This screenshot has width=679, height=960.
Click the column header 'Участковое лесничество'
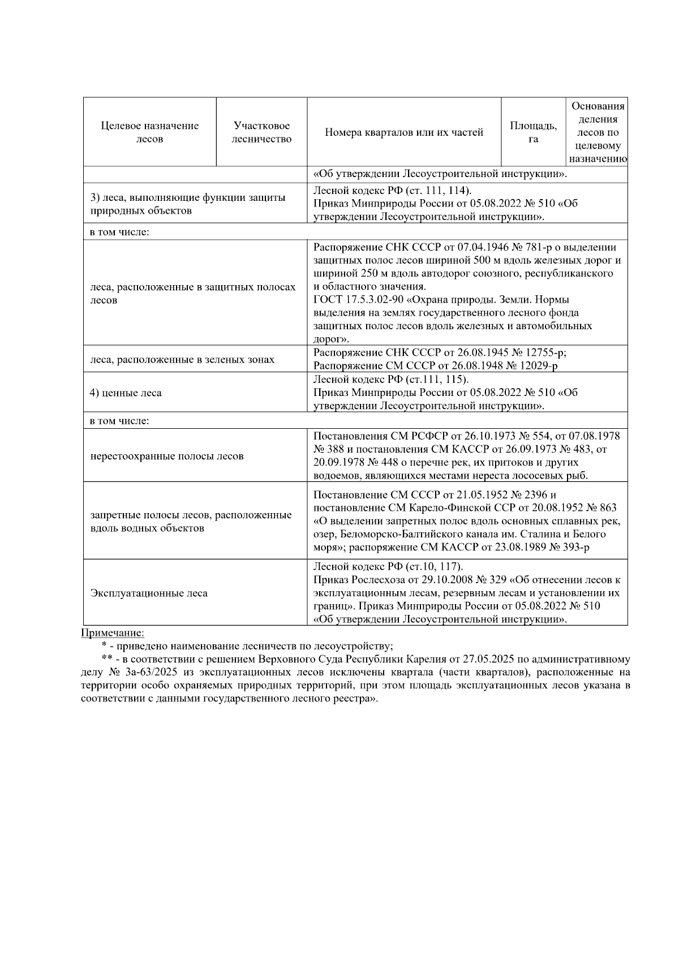pos(261,132)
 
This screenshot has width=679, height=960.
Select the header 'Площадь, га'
pos(533,132)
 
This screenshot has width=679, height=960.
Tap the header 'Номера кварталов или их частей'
pos(404,132)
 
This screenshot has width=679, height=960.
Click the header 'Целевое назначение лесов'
pos(150,132)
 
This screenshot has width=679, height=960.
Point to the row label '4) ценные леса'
pos(126,393)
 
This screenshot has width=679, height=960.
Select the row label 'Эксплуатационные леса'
pos(149,593)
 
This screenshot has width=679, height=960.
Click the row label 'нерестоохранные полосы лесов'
pos(167,456)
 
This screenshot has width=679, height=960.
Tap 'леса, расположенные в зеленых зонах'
pos(182,359)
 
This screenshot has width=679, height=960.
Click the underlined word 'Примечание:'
pos(113,632)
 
